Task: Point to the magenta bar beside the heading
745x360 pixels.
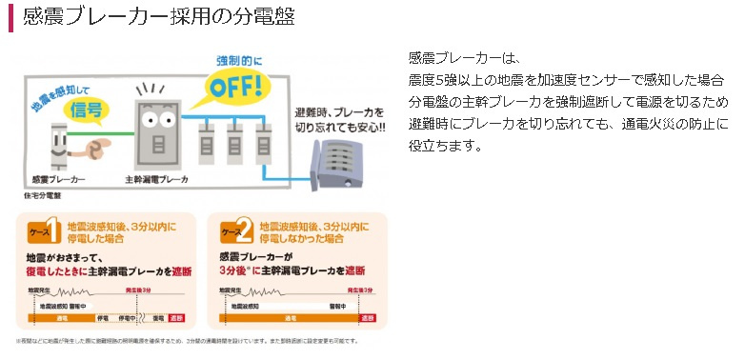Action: point(10,17)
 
